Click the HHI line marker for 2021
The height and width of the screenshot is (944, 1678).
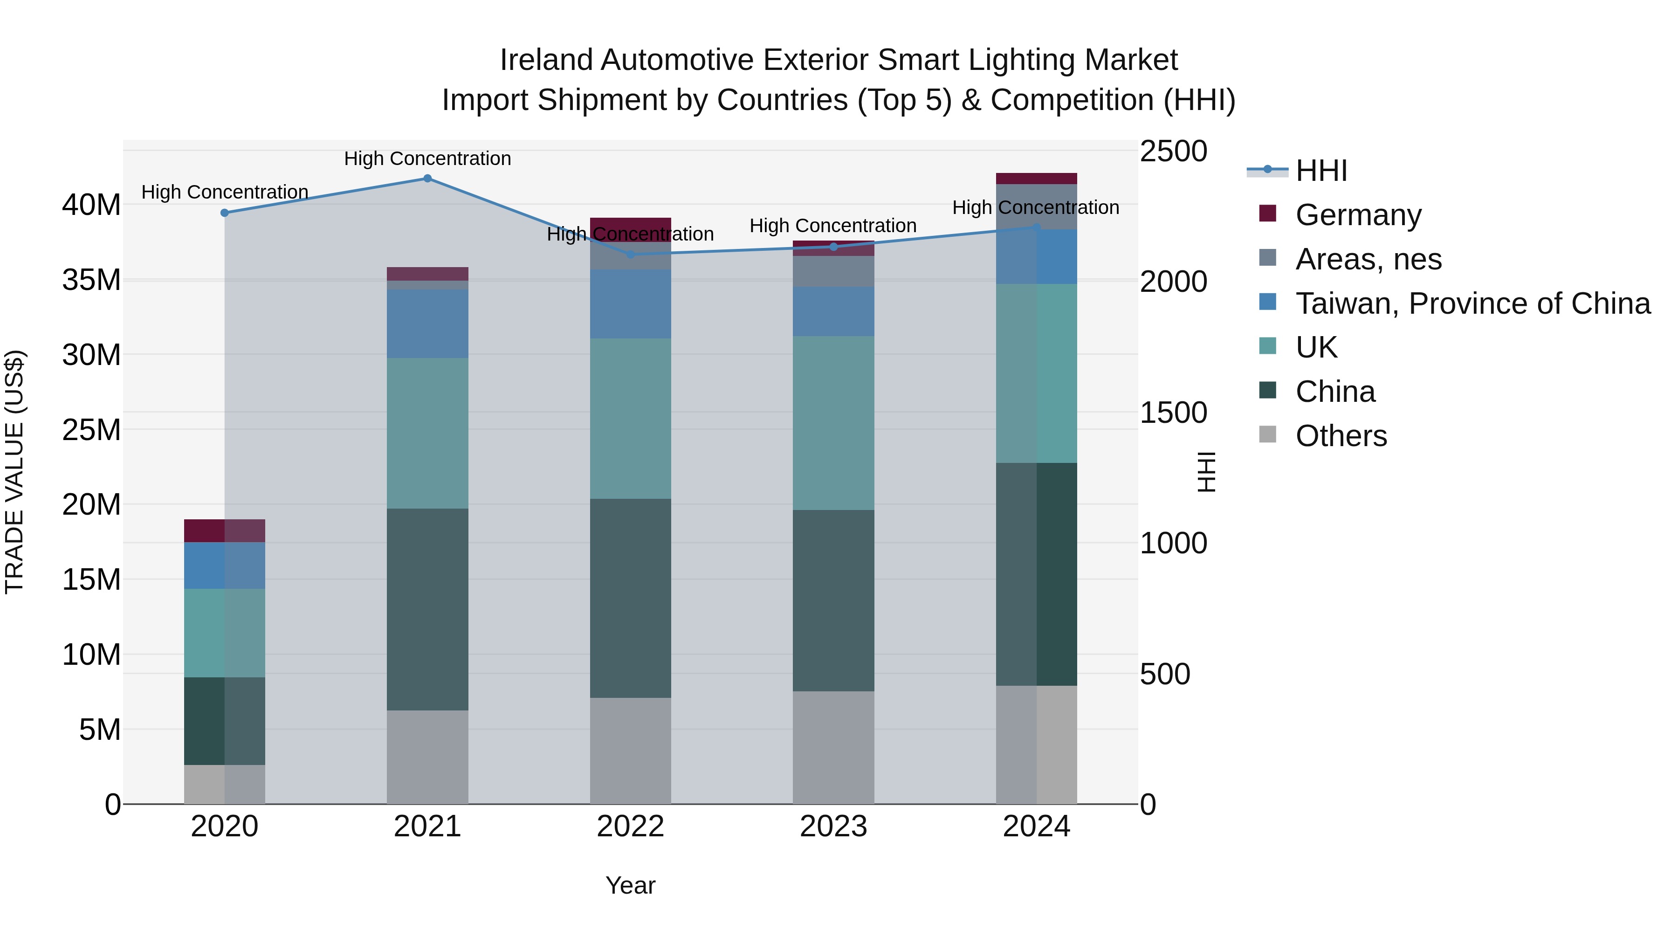pos(427,179)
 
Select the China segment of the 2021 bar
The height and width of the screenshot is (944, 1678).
pos(427,609)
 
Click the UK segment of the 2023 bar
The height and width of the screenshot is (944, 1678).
pos(833,423)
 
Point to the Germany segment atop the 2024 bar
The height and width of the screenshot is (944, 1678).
pos(1036,179)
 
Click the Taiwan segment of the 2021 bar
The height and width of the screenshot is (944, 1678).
pos(427,324)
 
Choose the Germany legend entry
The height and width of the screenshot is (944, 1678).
pos(1358,215)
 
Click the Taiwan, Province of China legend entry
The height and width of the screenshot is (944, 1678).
pos(1472,303)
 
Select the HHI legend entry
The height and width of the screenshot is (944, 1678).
pos(1321,171)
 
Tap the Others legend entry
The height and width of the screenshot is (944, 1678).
pos(1341,436)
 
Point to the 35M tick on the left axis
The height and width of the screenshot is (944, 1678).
pos(91,280)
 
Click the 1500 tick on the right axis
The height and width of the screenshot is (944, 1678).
pos(1173,413)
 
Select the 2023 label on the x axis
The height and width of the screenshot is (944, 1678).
pos(833,827)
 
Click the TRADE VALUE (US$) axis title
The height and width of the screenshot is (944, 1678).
pos(14,472)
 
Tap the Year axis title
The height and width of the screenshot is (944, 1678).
pos(630,885)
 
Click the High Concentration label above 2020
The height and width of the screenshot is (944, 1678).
pos(225,192)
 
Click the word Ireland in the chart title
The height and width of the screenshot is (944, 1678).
pos(546,60)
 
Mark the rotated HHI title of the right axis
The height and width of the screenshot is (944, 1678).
pos(1206,472)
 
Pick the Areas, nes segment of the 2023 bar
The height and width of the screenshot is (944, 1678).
pos(833,271)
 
